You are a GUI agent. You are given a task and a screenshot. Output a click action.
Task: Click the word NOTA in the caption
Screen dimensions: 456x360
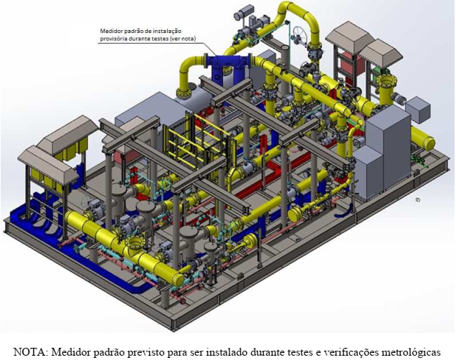[30, 352]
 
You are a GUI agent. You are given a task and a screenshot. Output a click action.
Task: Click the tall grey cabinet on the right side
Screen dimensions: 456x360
[387, 151]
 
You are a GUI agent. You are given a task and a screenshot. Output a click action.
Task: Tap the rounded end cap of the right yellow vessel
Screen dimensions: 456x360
[429, 143]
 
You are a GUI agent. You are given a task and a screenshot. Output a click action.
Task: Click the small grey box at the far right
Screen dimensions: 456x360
[417, 110]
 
